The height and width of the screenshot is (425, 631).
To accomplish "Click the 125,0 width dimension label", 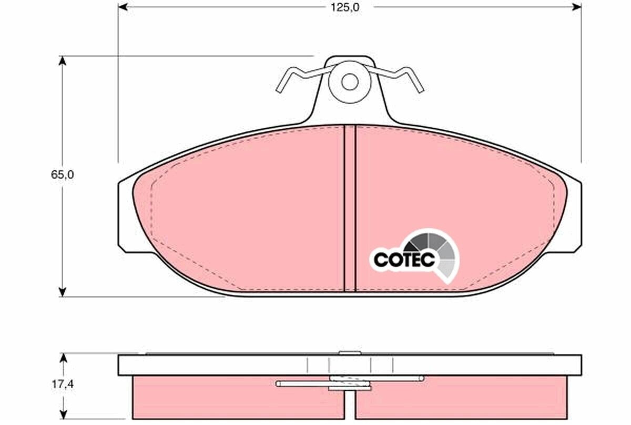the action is (345, 7).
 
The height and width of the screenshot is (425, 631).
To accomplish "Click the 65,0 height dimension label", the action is (62, 175).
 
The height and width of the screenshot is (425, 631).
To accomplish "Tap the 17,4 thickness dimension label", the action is (62, 384).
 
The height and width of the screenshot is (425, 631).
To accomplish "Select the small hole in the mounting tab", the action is (350, 82).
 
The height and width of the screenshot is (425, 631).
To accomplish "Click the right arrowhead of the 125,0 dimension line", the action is (576, 7).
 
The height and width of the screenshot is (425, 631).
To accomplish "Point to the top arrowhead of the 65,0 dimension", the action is (62, 61).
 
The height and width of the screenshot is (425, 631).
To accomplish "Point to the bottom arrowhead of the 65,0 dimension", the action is (62, 292).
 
